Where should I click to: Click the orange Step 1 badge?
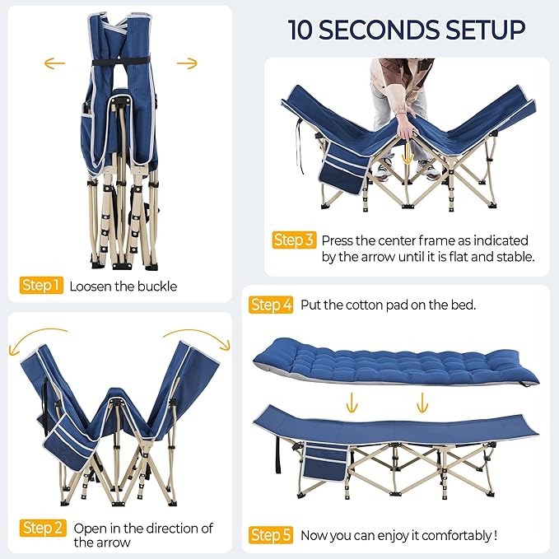pyautogui.click(x=41, y=285)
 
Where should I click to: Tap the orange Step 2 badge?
pyautogui.click(x=43, y=528)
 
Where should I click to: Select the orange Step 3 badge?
pyautogui.click(x=294, y=240)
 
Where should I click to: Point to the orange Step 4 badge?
pyautogui.click(x=271, y=305)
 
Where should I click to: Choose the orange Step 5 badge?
pyautogui.click(x=271, y=535)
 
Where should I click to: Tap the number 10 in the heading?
pyautogui.click(x=300, y=30)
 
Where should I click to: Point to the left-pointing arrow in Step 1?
pyautogui.click(x=54, y=63)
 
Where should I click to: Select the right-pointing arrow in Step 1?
pyautogui.click(x=187, y=63)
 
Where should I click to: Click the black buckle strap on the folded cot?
pyautogui.click(x=120, y=61)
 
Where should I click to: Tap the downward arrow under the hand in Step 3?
pyautogui.click(x=408, y=153)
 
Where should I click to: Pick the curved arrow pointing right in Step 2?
pyautogui.click(x=198, y=338)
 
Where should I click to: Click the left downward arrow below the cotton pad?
pyautogui.click(x=352, y=403)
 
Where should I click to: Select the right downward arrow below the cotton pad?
pyautogui.click(x=422, y=403)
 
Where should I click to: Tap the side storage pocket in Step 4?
pyautogui.click(x=325, y=462)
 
